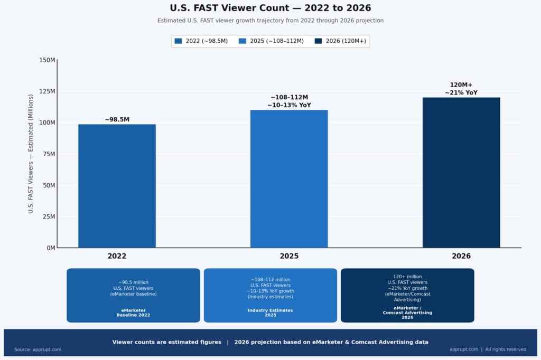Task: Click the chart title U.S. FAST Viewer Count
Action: coord(270,8)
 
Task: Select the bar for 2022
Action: coord(117,186)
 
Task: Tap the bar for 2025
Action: coord(289,178)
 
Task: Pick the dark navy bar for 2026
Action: coord(461,172)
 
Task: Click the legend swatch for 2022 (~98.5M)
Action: coord(178,41)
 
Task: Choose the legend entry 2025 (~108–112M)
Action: coord(270,41)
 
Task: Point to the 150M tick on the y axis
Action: coord(47,60)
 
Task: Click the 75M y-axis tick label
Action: coord(49,154)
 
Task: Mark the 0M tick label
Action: coord(50,248)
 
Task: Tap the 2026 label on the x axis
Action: coord(461,256)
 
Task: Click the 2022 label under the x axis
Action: coord(117,256)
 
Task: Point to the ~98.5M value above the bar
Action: coord(117,120)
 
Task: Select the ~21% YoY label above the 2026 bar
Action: coord(461,92)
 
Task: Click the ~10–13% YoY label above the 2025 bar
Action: coord(289,105)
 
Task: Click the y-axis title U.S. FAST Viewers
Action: coord(31,154)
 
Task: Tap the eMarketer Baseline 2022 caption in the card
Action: coord(133,312)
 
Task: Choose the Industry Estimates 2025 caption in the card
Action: coord(270,312)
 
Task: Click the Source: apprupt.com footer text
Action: coord(38,349)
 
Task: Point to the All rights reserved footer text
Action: coord(506,349)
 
